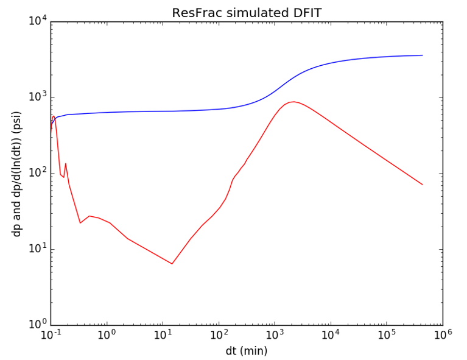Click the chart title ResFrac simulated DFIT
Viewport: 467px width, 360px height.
(x=246, y=13)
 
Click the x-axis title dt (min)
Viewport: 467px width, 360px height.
(x=246, y=351)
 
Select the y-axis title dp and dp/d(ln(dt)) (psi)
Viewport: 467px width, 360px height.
(x=17, y=174)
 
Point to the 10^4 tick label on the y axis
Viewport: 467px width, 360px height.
(x=37, y=22)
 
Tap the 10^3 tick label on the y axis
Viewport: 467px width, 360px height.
(x=37, y=97)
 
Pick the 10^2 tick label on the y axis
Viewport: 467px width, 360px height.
(x=37, y=174)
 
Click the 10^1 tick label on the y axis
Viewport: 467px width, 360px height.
(x=37, y=249)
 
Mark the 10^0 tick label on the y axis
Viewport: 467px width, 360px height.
(x=37, y=325)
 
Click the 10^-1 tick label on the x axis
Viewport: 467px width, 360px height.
(x=51, y=336)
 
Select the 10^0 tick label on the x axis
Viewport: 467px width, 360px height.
(x=107, y=336)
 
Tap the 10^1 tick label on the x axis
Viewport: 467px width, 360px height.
(x=163, y=336)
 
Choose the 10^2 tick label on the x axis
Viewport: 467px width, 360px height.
(x=219, y=336)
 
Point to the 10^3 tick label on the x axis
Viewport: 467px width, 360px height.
(x=275, y=336)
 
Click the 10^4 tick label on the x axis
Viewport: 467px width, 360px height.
(x=331, y=336)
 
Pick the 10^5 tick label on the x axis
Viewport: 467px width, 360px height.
(x=387, y=336)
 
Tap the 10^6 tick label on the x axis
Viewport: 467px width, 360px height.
(x=443, y=336)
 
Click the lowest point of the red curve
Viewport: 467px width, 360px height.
(x=172, y=264)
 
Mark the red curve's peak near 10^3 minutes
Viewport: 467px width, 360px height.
(x=293, y=102)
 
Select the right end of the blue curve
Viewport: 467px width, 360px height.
(x=423, y=55)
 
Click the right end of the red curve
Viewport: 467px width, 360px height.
(x=423, y=185)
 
